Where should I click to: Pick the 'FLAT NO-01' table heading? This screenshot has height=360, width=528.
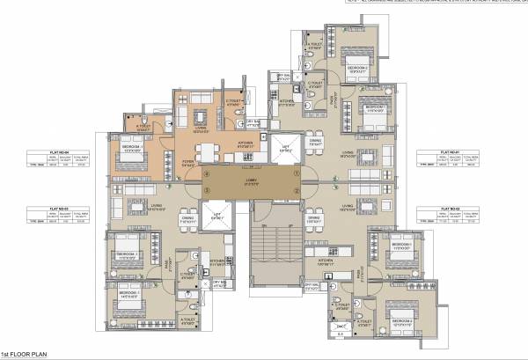pyautogui.click(x=450, y=151)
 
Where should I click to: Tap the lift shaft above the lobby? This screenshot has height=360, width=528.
pyautogui.click(x=284, y=149)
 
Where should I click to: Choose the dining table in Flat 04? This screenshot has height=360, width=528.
pyautogui.click(x=205, y=151)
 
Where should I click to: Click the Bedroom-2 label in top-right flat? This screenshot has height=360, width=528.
pyautogui.click(x=357, y=67)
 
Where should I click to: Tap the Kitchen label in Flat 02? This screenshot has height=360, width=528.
pyautogui.click(x=325, y=261)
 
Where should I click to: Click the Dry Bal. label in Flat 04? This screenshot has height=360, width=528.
pyautogui.click(x=253, y=124)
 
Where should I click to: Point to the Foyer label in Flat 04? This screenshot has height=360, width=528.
pyautogui.click(x=187, y=162)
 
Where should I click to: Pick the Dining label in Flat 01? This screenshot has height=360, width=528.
pyautogui.click(x=315, y=141)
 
